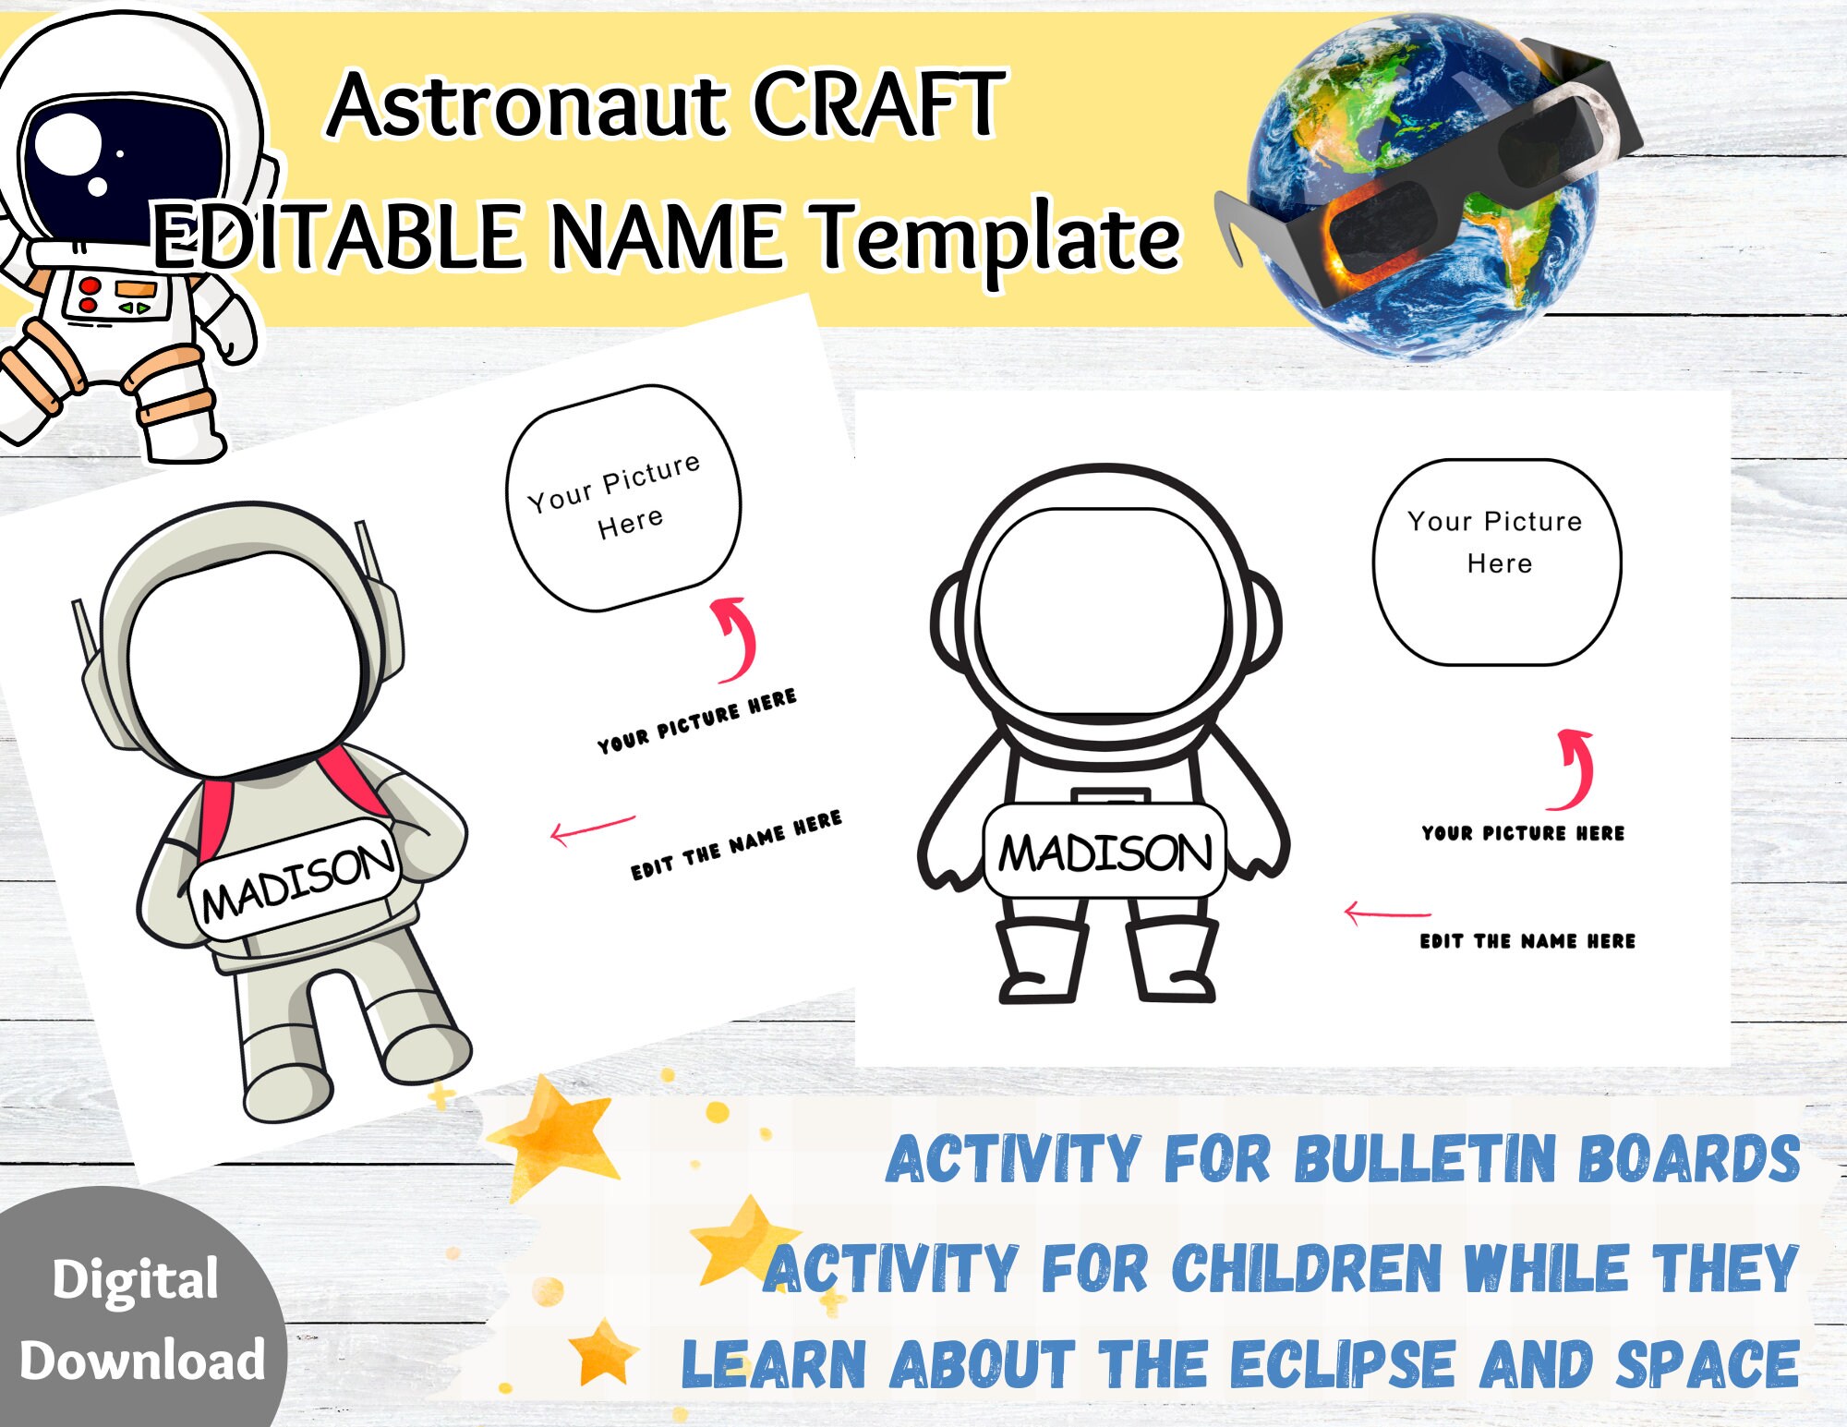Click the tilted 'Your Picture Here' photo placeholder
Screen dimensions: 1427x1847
[622, 498]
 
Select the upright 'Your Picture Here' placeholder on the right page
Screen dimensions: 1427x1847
[1496, 562]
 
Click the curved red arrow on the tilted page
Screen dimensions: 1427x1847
[737, 637]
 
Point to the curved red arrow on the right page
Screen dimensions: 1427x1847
[1576, 768]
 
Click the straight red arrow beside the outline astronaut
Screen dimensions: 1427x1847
[1386, 913]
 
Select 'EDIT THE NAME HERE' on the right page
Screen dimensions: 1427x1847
[1527, 941]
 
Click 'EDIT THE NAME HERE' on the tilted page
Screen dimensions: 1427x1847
[736, 845]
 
